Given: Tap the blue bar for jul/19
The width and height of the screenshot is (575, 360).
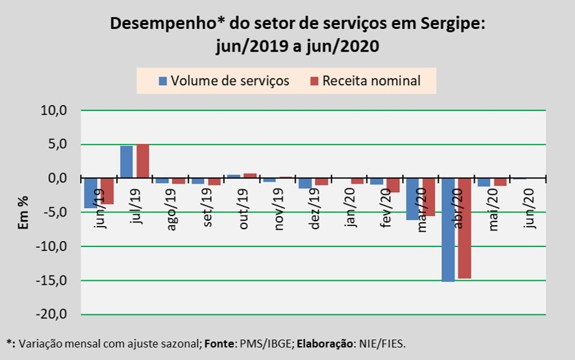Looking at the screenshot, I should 126,162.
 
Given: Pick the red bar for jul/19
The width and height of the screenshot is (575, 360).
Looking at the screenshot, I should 143,161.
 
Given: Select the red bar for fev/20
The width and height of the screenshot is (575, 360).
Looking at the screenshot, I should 393,186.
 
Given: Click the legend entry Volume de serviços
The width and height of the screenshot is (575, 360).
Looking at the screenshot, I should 224,81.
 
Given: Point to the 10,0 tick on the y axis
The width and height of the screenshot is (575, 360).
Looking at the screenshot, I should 55,110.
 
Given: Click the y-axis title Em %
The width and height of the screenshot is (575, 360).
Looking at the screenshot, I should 22,212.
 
